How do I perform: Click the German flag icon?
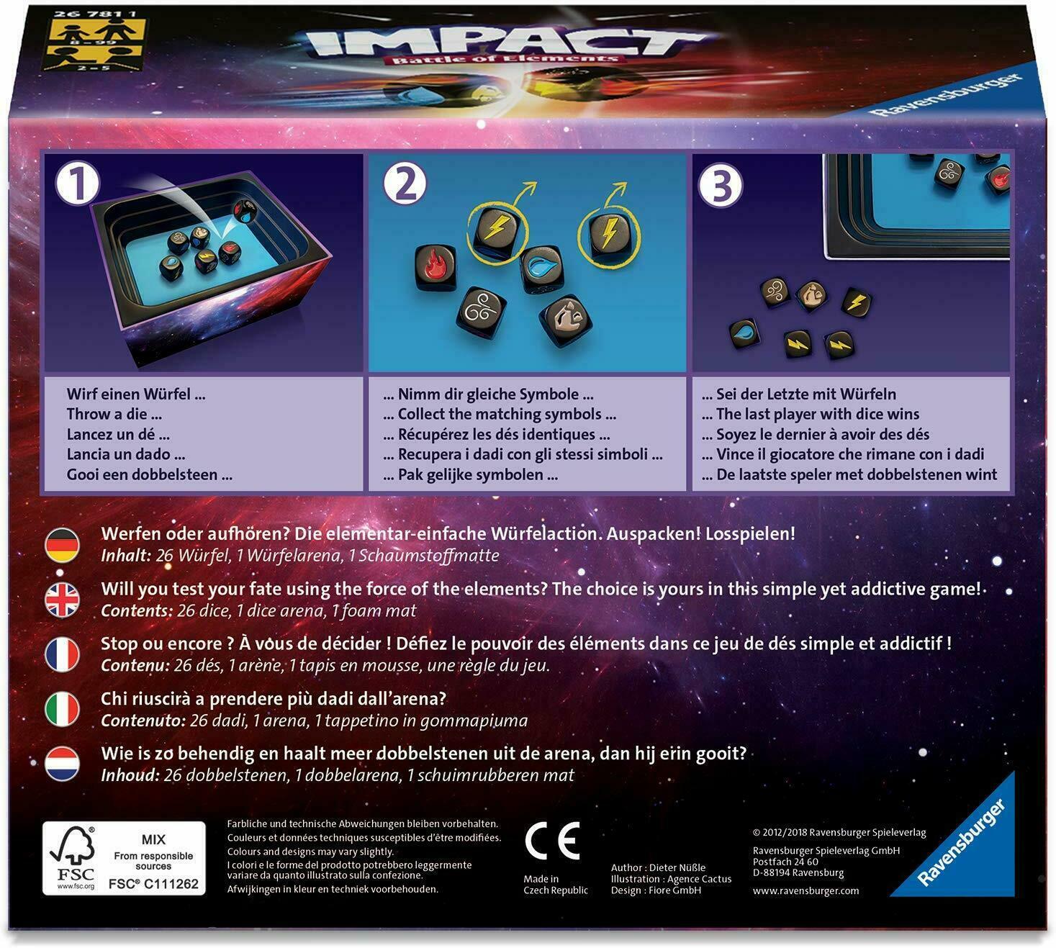click(63, 545)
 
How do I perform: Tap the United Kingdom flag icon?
click(63, 600)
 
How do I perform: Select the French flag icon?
click(63, 654)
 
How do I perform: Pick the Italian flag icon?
click(63, 709)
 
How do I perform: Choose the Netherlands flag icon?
click(63, 764)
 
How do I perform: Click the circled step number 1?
click(78, 183)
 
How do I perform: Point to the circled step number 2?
click(405, 183)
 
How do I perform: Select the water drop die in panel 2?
click(541, 268)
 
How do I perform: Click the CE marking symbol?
click(552, 840)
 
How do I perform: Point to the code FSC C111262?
click(153, 883)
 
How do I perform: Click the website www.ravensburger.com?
click(805, 890)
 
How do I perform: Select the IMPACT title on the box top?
click(504, 43)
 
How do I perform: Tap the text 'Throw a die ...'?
click(114, 414)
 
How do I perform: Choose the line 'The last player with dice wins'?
click(817, 414)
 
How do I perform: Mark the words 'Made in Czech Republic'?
click(555, 885)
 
